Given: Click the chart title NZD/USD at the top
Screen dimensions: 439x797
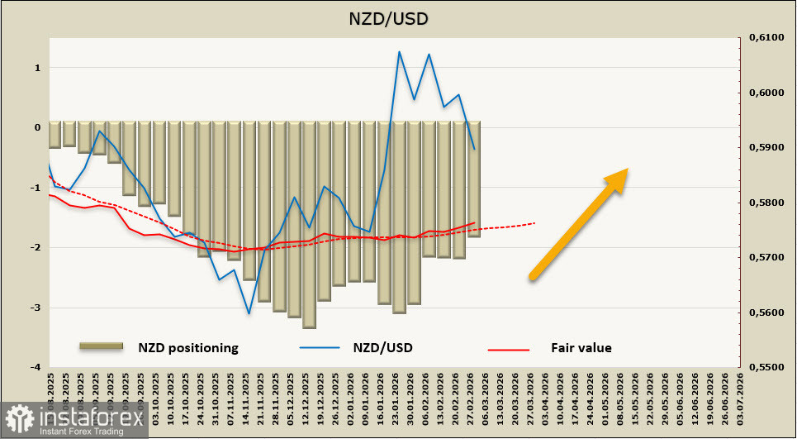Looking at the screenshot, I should (x=398, y=18).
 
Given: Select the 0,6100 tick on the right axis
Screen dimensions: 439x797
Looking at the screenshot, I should (x=765, y=37).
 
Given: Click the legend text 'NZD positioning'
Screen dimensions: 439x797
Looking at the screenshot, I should (x=188, y=348).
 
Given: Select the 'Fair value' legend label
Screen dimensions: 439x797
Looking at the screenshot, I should (x=581, y=348).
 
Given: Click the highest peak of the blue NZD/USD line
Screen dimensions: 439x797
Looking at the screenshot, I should (x=399, y=52).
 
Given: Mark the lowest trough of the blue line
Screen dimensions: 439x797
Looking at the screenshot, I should (x=249, y=313).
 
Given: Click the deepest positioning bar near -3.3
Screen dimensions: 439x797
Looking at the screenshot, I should (x=309, y=223).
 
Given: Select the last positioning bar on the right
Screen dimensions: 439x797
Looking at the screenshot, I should (x=474, y=179).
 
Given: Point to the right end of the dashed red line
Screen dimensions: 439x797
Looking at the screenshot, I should (x=534, y=222).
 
